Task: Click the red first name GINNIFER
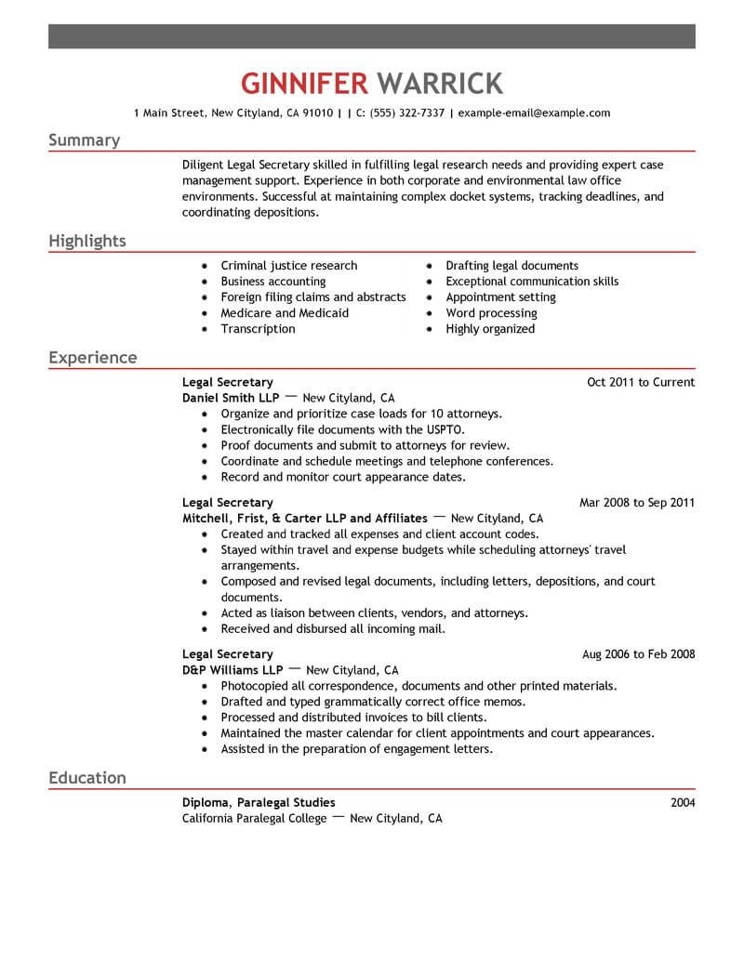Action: click(304, 83)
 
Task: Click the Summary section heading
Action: click(84, 140)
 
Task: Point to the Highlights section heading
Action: click(86, 242)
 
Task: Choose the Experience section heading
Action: click(92, 358)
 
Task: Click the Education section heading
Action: click(86, 777)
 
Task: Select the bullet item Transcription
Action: click(258, 329)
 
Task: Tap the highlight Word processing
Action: click(491, 313)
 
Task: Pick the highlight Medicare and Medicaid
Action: click(285, 313)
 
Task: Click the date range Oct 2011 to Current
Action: click(641, 382)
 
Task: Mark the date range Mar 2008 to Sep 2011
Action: click(637, 503)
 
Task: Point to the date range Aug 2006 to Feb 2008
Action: click(638, 654)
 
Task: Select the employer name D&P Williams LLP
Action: click(232, 670)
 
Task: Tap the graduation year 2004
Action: click(683, 802)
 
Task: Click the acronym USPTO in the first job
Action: click(444, 429)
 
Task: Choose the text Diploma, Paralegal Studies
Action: click(259, 802)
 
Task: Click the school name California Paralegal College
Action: click(255, 819)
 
